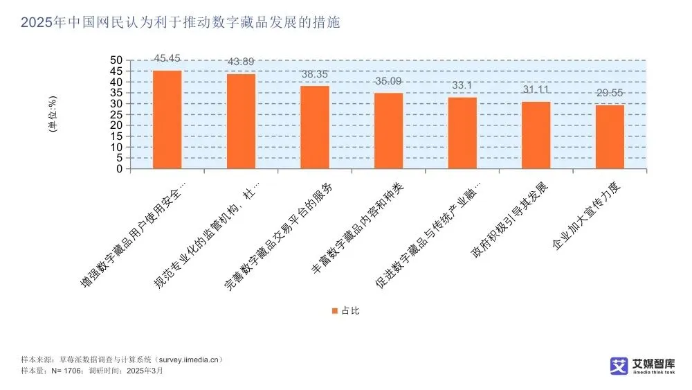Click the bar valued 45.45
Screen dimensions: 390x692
click(x=167, y=119)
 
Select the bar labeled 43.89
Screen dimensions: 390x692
click(x=241, y=121)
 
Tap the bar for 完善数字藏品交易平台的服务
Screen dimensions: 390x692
click(x=315, y=127)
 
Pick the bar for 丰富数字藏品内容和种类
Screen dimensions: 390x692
click(x=388, y=131)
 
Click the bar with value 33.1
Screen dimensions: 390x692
click(x=462, y=133)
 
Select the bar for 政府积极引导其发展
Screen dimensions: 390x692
click(x=536, y=135)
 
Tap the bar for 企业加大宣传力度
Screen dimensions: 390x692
click(x=610, y=137)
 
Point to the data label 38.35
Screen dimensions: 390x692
click(x=315, y=73)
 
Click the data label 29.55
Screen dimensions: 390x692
click(x=610, y=93)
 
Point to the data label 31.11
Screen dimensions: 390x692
click(x=536, y=89)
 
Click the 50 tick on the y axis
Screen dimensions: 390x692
click(x=116, y=60)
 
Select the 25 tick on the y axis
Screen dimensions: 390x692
click(x=116, y=114)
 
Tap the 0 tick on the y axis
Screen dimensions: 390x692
click(x=119, y=169)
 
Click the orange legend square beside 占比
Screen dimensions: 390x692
click(x=334, y=311)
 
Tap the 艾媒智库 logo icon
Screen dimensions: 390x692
click(x=618, y=366)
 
